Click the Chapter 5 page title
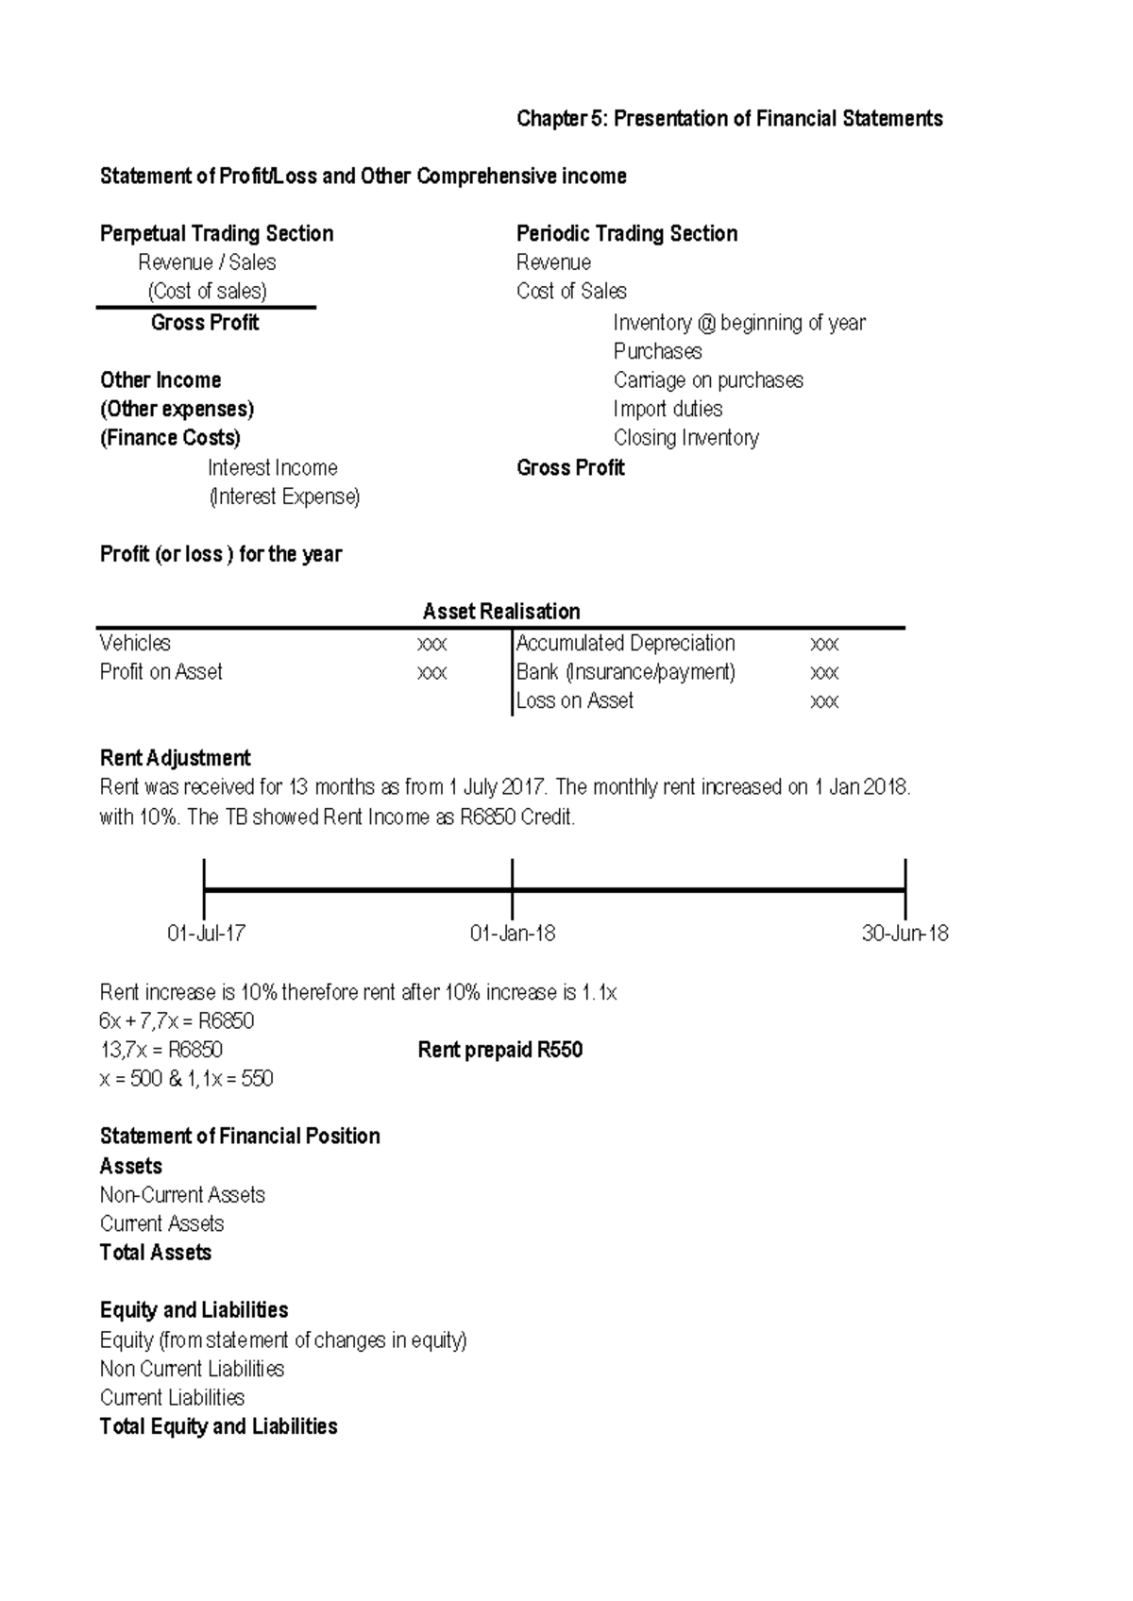click(x=729, y=119)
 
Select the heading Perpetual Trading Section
click(x=216, y=234)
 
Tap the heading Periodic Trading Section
click(x=626, y=234)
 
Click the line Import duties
click(x=668, y=410)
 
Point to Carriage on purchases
click(x=708, y=380)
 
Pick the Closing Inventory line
click(x=685, y=438)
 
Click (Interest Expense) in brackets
click(x=284, y=497)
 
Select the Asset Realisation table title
click(x=500, y=612)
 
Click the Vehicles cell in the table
click(x=135, y=644)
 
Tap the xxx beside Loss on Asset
click(x=824, y=701)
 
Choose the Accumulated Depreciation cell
click(x=625, y=644)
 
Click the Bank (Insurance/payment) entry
click(x=625, y=672)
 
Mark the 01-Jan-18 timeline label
click(x=512, y=934)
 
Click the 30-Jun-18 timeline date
click(x=905, y=934)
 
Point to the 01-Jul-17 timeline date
click(x=206, y=934)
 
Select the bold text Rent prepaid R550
click(x=499, y=1051)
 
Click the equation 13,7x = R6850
click(x=161, y=1051)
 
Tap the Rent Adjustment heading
click(x=175, y=759)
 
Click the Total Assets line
click(x=155, y=1253)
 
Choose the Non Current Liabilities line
click(x=192, y=1369)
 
